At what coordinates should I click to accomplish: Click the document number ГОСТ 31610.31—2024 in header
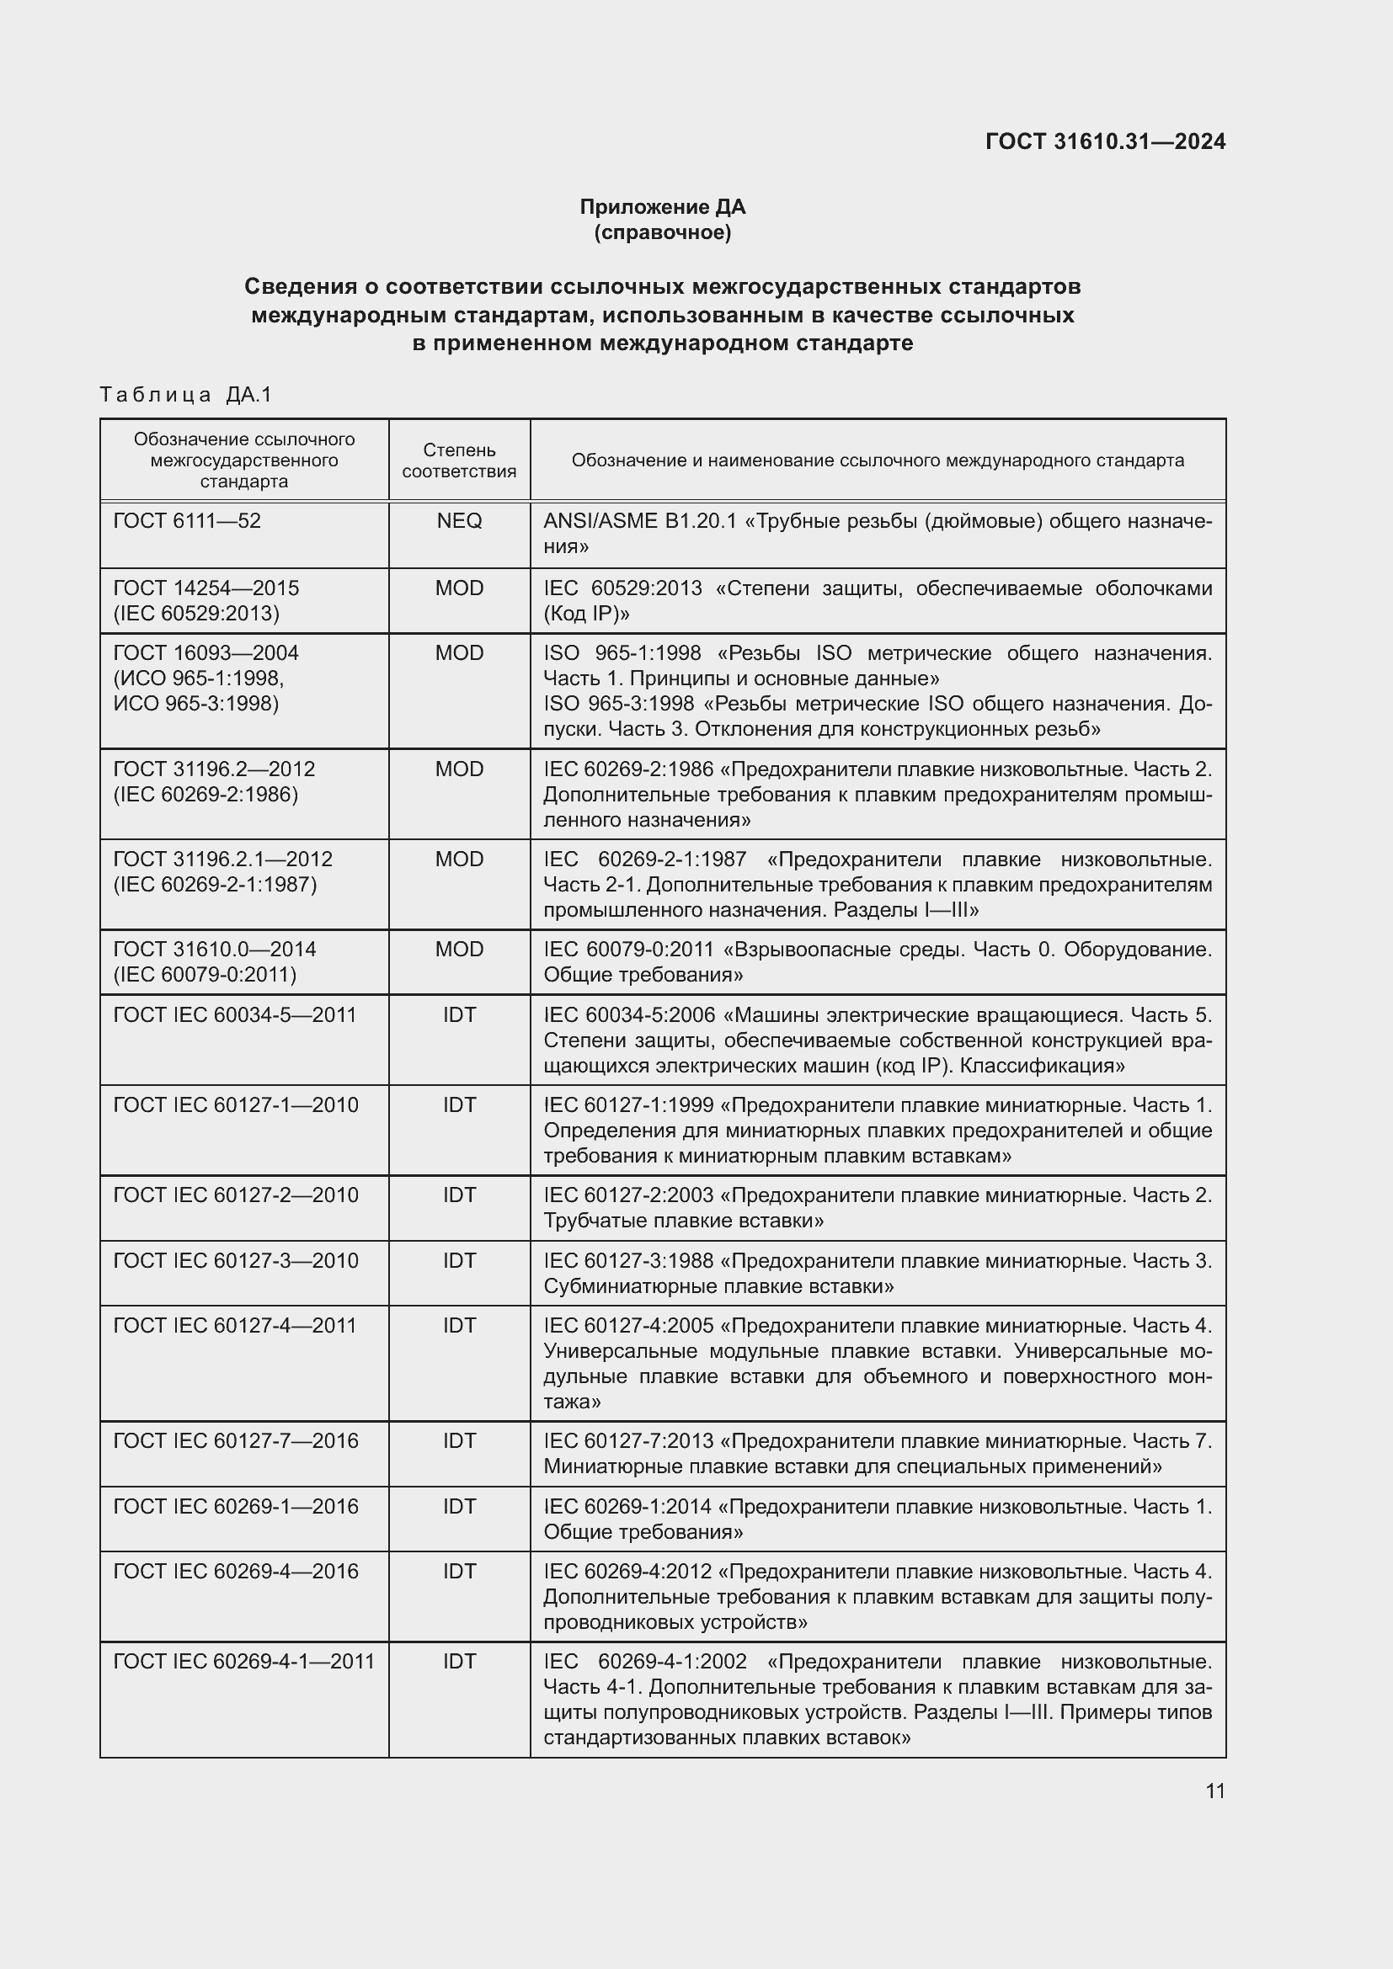[x=1105, y=141]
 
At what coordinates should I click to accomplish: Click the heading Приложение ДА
[x=662, y=207]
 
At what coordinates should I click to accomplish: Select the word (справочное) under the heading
[x=662, y=232]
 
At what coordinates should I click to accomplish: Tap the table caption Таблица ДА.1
[x=185, y=395]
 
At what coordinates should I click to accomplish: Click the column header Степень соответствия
[x=459, y=460]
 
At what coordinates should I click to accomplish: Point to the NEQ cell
[x=459, y=520]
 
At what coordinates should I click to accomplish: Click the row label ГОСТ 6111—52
[x=187, y=520]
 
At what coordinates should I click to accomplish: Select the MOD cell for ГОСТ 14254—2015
[x=459, y=588]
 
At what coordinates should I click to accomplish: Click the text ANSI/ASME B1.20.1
[x=639, y=521]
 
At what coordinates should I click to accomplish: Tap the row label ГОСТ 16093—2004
[x=205, y=653]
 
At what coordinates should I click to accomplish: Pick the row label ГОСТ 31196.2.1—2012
[x=223, y=859]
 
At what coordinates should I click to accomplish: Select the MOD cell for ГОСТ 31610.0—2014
[x=459, y=950]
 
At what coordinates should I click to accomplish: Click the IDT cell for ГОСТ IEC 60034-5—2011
[x=459, y=1015]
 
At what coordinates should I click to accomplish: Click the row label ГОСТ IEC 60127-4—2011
[x=235, y=1326]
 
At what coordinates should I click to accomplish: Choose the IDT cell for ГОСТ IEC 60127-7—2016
[x=459, y=1440]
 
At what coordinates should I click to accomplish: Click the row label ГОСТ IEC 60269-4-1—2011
[x=243, y=1661]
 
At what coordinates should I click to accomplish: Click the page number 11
[x=1214, y=1791]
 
